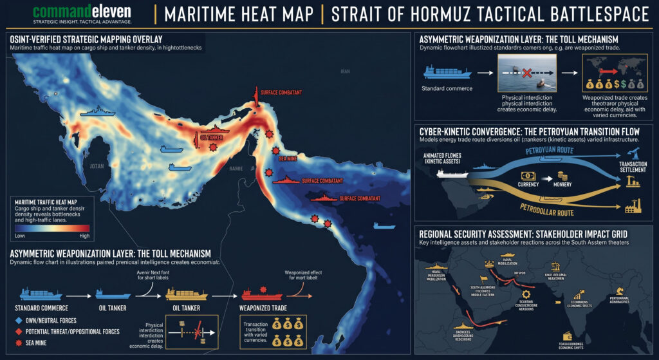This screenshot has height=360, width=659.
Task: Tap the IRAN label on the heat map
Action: pyautogui.click(x=346, y=71)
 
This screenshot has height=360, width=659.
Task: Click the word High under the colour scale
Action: pyautogui.click(x=84, y=236)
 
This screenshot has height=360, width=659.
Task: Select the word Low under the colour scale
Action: pyautogui.click(x=21, y=236)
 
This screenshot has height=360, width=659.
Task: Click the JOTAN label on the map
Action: pyautogui.click(x=98, y=166)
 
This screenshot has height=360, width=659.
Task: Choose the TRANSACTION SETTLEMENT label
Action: pyautogui.click(x=633, y=167)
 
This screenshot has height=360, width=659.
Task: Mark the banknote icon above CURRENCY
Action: pyautogui.click(x=527, y=176)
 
